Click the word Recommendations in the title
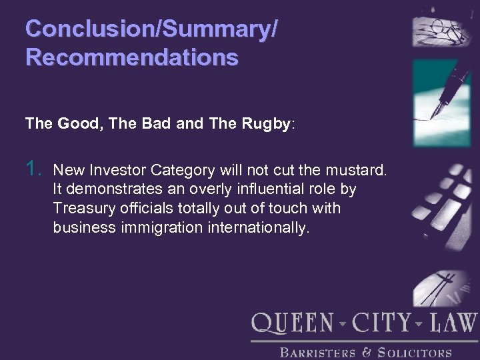point(131,57)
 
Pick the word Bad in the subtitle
point(159,123)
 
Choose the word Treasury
point(86,209)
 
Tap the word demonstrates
point(109,189)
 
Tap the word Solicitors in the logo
point(415,353)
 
